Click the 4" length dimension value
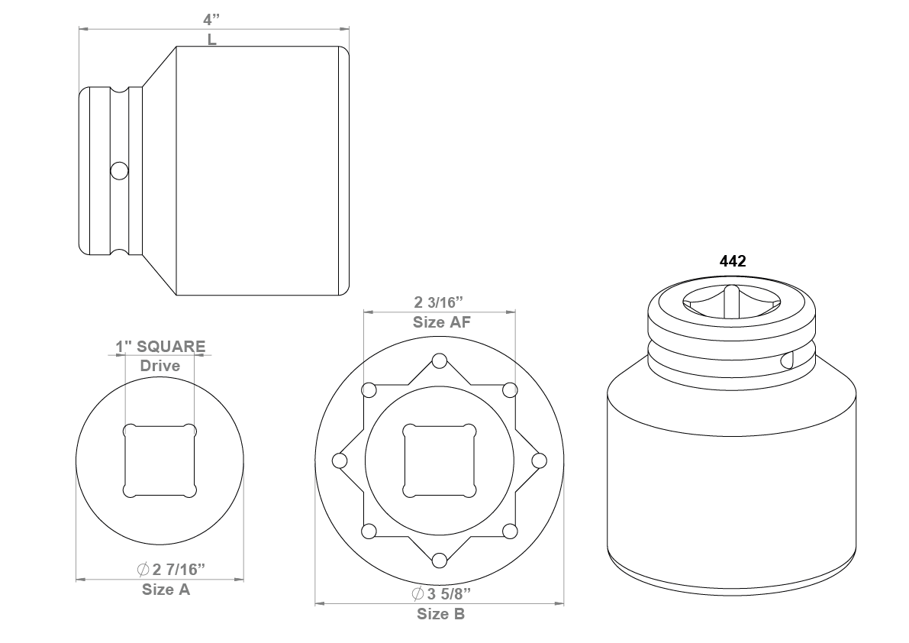(x=211, y=20)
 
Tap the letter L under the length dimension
(x=211, y=40)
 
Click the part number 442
(x=733, y=261)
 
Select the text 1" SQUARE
(x=160, y=347)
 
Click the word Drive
(x=160, y=366)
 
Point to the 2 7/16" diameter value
(x=172, y=570)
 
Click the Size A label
(x=166, y=590)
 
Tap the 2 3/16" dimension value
(x=439, y=302)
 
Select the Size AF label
(x=442, y=322)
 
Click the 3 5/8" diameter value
(x=441, y=593)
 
